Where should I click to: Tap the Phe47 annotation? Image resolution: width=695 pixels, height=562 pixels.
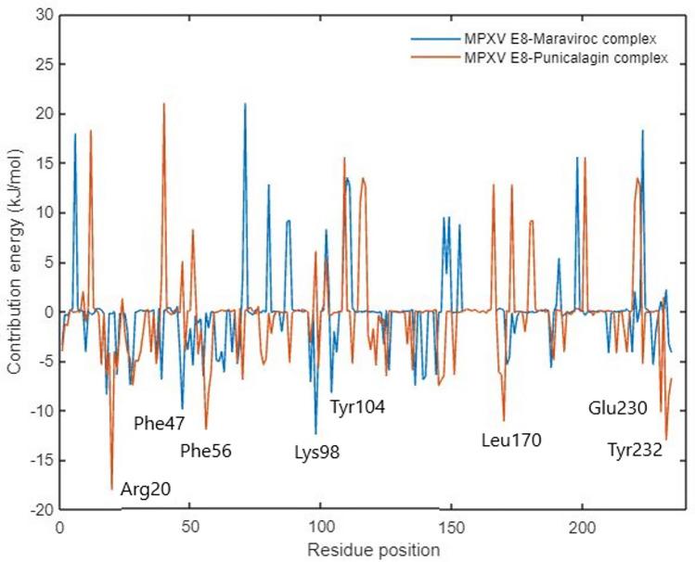tap(160, 424)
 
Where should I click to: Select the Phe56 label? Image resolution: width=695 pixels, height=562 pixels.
tap(205, 452)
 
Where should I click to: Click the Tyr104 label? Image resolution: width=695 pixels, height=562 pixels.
tap(357, 406)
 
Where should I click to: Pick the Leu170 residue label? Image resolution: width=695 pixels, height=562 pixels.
tap(511, 440)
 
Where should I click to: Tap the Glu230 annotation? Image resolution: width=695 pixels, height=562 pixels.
tap(617, 407)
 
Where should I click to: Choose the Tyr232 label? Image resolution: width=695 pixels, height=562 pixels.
tap(635, 451)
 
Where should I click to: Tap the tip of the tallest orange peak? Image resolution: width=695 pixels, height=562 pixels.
tap(164, 104)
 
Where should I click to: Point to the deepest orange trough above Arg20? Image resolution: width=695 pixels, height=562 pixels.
tap(112, 489)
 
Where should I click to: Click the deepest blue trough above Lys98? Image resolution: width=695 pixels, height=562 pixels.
tap(315, 433)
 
